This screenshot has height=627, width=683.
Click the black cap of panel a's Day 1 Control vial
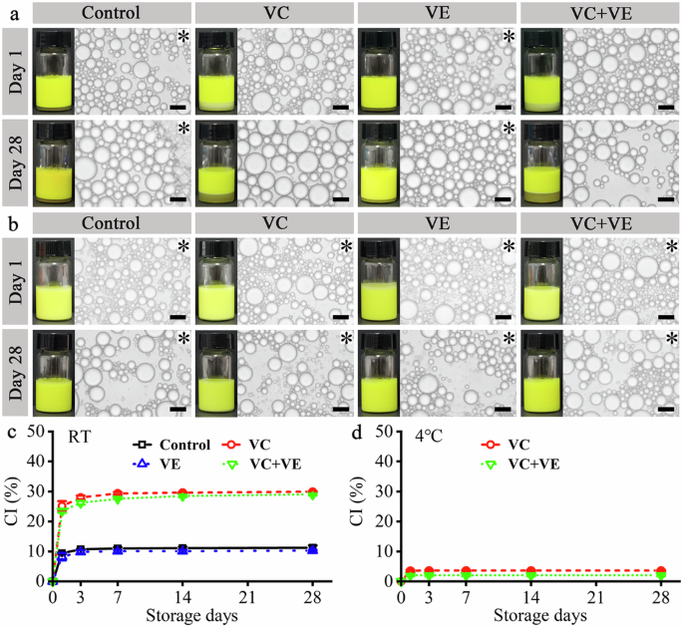click(53, 37)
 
